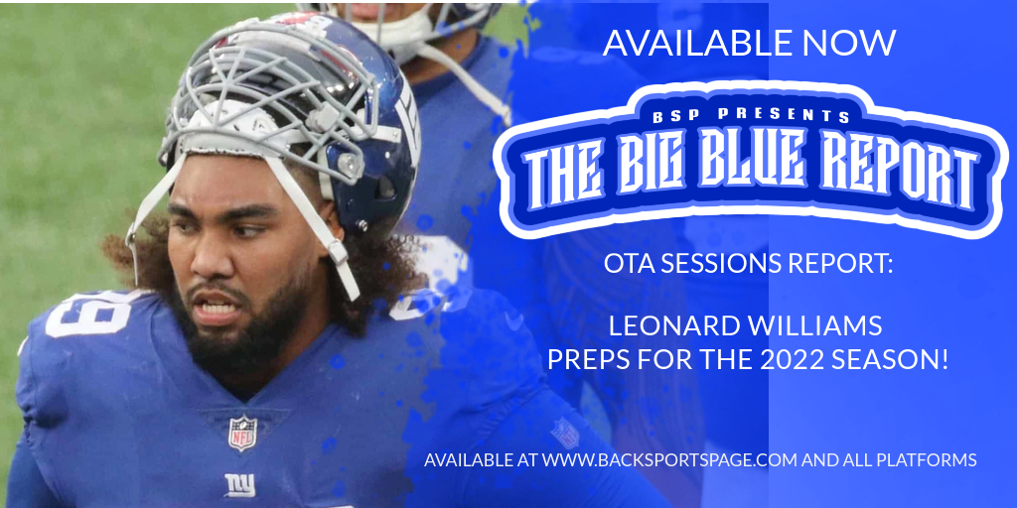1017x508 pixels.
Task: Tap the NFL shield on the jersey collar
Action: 242,434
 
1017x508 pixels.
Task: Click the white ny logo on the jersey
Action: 240,484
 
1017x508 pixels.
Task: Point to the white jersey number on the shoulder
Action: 87,314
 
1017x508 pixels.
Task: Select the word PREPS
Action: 586,360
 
